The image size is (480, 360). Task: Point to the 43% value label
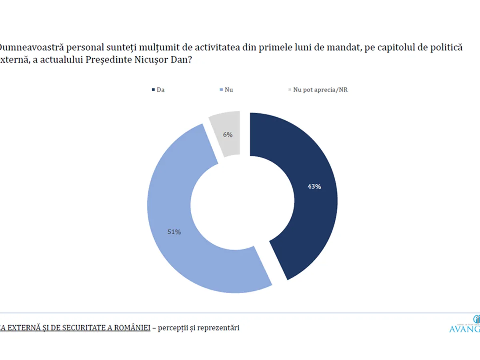click(314, 186)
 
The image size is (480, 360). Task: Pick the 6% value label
click(228, 135)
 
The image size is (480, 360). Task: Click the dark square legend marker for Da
click(153, 90)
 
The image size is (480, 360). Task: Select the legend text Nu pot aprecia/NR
click(320, 90)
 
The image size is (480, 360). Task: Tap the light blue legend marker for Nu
click(221, 90)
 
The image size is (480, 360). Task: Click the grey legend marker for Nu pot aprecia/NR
click(290, 90)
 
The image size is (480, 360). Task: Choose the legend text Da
click(161, 90)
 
